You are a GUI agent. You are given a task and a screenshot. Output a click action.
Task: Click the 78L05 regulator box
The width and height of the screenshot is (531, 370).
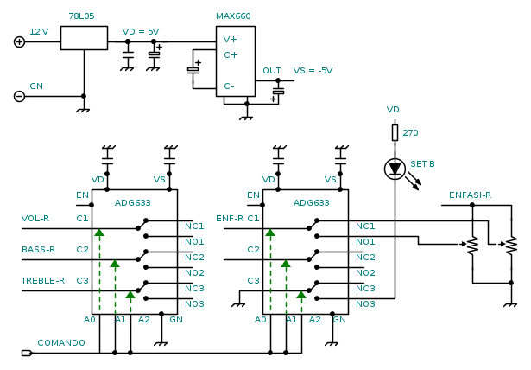coord(84,37)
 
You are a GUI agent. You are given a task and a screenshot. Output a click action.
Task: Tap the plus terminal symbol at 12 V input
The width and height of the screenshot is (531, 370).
coord(19,41)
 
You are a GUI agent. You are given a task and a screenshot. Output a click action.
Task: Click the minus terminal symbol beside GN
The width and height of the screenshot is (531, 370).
coord(19,96)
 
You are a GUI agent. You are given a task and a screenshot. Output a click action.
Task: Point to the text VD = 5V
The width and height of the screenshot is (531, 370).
coord(140,31)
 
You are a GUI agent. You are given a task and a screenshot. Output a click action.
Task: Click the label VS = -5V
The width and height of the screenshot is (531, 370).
coord(313,70)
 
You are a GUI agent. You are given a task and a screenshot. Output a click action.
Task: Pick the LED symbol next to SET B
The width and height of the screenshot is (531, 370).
coord(395,169)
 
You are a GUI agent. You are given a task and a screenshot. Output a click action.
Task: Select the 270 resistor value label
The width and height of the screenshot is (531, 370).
coord(410,133)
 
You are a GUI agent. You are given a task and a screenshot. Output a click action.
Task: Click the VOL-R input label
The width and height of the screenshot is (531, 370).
coord(35,219)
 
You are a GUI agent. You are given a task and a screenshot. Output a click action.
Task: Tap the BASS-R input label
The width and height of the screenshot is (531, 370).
coord(38,250)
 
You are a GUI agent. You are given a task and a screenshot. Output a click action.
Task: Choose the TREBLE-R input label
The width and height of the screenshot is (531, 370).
coord(43,280)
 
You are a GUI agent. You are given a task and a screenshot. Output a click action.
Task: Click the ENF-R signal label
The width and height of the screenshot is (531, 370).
coord(230,219)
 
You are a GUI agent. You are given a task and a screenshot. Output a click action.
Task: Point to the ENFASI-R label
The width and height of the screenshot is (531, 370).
coord(470,195)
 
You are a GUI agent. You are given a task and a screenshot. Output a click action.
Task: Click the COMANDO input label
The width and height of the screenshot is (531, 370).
coord(61,342)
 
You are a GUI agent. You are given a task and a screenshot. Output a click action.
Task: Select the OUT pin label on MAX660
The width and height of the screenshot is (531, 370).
coord(272,71)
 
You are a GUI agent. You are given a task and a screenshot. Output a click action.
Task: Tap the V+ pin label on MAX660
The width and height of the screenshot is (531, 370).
coord(231,39)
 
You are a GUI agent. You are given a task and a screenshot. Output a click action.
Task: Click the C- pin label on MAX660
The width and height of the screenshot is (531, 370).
coord(230,86)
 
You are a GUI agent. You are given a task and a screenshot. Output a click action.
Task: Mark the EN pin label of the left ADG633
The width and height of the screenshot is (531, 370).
coord(82,195)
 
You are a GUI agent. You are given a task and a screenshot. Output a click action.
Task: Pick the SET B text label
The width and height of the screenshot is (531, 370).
coord(422,163)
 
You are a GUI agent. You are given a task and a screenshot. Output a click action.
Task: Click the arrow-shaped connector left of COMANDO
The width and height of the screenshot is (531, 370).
coord(27,353)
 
